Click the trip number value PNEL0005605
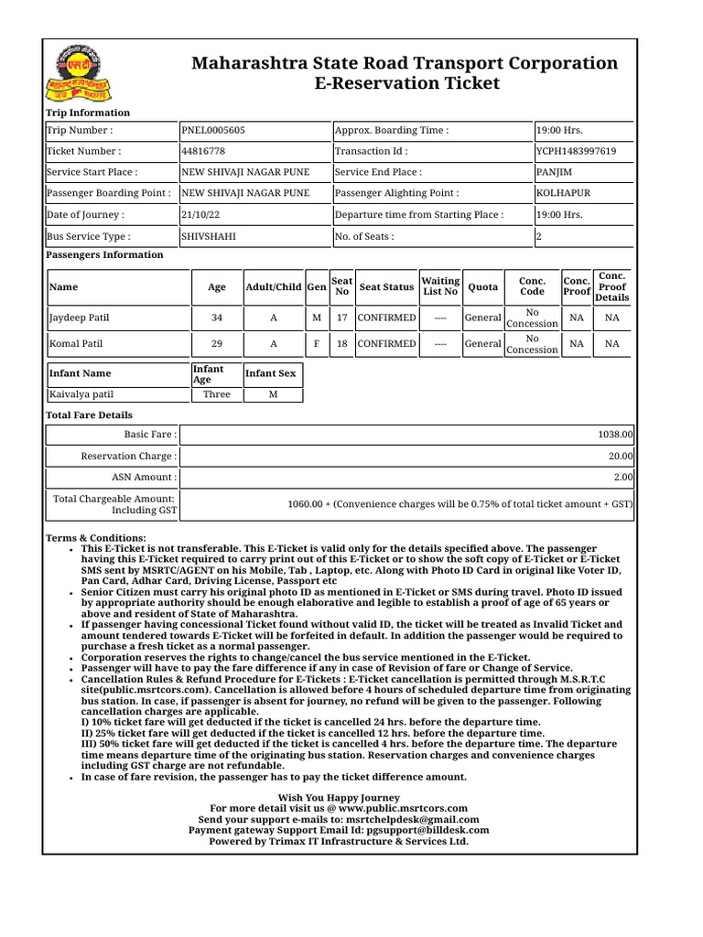(213, 130)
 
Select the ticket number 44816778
(203, 151)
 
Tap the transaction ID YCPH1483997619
(576, 151)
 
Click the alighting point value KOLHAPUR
(563, 193)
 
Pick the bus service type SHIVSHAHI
(209, 236)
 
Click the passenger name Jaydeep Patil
(79, 318)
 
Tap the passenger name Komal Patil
(76, 344)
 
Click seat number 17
(341, 318)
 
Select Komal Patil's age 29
(216, 344)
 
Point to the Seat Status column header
(386, 287)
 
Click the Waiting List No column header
(440, 286)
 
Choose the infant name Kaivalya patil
(81, 394)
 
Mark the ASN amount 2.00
(623, 477)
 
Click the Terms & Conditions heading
(96, 538)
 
